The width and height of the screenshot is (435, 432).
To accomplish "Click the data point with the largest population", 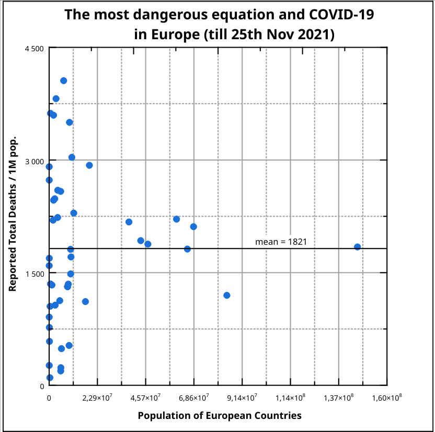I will (x=358, y=247).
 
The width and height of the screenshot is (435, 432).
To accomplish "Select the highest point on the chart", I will (x=64, y=81).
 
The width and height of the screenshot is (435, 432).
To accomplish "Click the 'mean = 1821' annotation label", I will (x=281, y=242).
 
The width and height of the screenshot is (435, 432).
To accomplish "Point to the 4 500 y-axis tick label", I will (x=34, y=48).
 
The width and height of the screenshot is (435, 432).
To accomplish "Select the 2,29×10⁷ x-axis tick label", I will (x=98, y=398).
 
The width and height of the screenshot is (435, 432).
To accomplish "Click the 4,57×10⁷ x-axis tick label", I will (x=146, y=398).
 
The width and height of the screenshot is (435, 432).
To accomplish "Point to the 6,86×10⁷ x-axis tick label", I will (x=194, y=398).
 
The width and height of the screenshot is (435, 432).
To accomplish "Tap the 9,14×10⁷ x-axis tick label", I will (x=243, y=398).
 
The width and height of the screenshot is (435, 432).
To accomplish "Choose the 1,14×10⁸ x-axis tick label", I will (x=291, y=398).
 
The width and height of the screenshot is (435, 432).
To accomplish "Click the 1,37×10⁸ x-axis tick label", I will (x=339, y=398).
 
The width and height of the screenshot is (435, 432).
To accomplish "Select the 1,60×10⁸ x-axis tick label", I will (x=387, y=398).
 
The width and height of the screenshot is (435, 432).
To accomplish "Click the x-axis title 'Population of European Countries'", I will (x=219, y=416).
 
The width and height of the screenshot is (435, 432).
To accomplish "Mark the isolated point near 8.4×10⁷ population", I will (x=227, y=295).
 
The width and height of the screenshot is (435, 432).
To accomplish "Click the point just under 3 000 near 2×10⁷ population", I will (x=89, y=165).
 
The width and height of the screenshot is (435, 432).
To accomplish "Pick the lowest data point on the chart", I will (x=50, y=378).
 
